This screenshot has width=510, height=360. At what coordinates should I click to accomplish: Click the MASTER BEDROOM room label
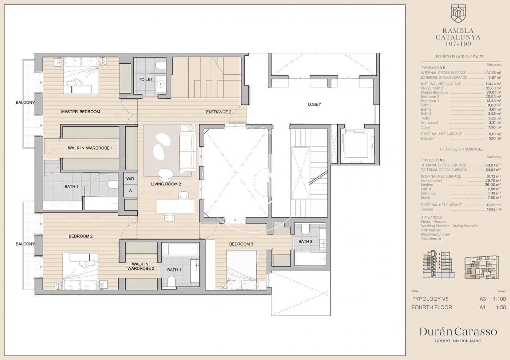coord(81,112)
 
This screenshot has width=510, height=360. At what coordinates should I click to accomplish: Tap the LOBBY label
coord(314,104)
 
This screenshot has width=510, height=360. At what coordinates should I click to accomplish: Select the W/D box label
coord(130,179)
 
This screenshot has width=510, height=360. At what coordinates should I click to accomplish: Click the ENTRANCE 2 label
coord(219,112)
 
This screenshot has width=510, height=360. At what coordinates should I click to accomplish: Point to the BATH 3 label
coord(305,241)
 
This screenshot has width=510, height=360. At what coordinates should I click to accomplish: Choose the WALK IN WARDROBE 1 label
coord(90,148)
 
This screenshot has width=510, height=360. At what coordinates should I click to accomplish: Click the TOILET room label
coord(146,79)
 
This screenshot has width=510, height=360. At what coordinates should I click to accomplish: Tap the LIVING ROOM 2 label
coord(166,184)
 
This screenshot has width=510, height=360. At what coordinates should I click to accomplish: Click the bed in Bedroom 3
coord(242,269)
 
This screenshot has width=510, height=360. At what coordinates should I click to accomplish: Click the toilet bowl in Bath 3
coord(305,229)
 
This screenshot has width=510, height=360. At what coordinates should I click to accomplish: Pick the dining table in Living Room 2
coord(176,206)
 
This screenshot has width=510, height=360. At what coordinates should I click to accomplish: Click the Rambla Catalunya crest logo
coord(458,14)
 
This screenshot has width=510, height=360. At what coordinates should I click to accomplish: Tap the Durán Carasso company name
coord(458,332)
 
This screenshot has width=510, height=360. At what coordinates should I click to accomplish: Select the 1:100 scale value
coord(499,299)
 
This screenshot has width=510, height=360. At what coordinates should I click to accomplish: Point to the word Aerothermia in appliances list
coord(431,238)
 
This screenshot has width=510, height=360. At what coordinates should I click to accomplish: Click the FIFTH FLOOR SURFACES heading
coord(462,149)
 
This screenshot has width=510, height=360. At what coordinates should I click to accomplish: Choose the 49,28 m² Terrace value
coord(493,209)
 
